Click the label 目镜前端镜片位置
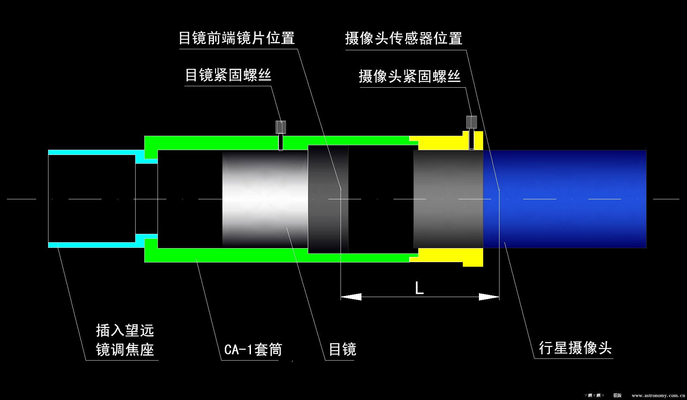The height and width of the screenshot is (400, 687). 237,38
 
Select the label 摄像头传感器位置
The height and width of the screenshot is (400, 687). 404,38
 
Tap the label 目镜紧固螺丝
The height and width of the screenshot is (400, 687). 228,75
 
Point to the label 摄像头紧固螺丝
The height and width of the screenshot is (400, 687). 410,76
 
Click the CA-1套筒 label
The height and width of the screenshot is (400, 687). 253,349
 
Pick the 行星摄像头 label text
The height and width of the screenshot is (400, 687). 575,348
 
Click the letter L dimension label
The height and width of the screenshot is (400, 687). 419,288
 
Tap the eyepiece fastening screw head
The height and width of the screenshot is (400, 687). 281,127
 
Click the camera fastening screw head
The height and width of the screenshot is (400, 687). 472,122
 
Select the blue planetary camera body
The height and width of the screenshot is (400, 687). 565,199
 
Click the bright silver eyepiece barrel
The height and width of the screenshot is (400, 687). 265,199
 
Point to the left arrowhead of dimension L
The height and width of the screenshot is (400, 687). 350,297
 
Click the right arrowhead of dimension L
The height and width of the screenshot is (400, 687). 489,297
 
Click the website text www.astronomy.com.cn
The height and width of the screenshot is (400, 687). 658,395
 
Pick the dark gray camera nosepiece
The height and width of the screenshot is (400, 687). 448,199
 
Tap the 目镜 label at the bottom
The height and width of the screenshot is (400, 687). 343,349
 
